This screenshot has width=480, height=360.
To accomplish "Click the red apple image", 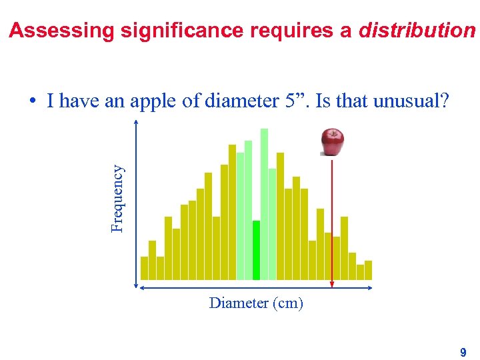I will [332, 141].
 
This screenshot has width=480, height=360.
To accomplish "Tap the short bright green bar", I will [256, 250].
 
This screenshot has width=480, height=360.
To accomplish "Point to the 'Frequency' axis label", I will [118, 198].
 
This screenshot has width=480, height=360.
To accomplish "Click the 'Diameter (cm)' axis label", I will [256, 303].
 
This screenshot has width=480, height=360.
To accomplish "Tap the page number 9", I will [463, 351].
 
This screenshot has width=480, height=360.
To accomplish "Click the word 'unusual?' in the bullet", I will [412, 101].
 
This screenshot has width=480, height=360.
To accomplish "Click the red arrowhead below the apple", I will [332, 285].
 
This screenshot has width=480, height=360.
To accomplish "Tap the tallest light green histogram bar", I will [264, 203].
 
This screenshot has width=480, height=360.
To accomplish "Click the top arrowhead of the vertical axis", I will [136, 123].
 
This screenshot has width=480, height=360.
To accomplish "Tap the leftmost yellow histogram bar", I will [144, 267].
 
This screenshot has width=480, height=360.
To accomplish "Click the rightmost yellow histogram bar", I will [368, 269].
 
